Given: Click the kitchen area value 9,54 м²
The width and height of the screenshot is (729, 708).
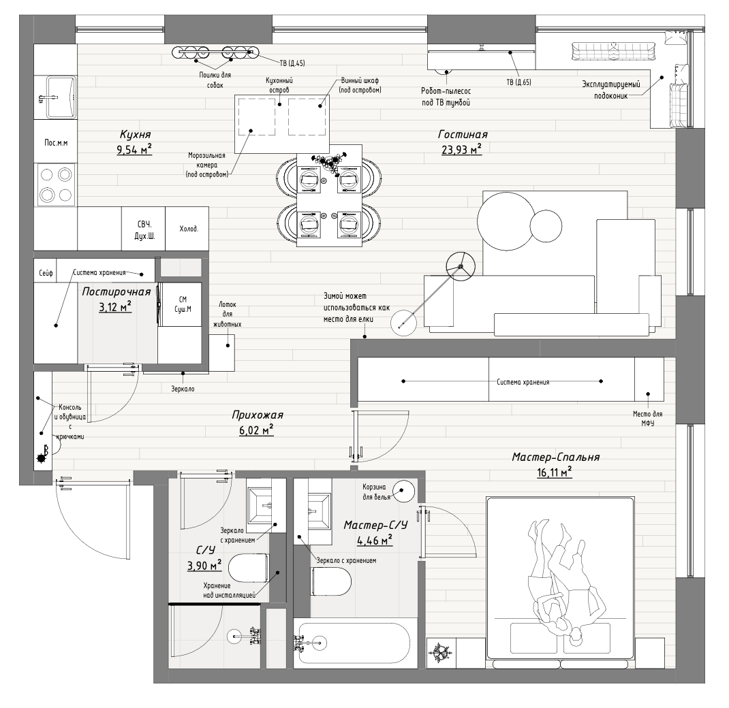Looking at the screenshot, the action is [x=134, y=149].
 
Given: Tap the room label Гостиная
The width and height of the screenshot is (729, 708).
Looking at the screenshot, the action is [x=463, y=135].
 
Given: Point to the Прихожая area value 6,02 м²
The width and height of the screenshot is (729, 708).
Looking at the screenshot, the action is [x=256, y=430].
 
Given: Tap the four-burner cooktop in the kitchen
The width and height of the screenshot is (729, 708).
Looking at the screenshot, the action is [x=56, y=184].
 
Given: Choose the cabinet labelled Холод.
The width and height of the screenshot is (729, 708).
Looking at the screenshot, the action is [x=187, y=229].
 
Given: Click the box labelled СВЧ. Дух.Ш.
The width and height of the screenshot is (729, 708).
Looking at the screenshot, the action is [x=144, y=229].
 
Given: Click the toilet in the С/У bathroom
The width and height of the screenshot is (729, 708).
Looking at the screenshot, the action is [x=249, y=568].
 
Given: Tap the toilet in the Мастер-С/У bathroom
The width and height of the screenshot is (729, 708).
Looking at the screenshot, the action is [x=330, y=581].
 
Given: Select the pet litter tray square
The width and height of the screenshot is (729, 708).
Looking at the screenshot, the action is [x=222, y=353].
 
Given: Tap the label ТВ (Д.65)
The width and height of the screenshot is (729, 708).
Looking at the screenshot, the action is [x=519, y=82].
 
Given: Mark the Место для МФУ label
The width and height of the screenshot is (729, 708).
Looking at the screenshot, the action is [x=648, y=418].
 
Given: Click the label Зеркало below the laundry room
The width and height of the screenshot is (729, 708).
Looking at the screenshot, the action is [x=183, y=389].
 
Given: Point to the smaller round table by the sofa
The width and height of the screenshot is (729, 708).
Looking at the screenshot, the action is [x=546, y=226].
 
